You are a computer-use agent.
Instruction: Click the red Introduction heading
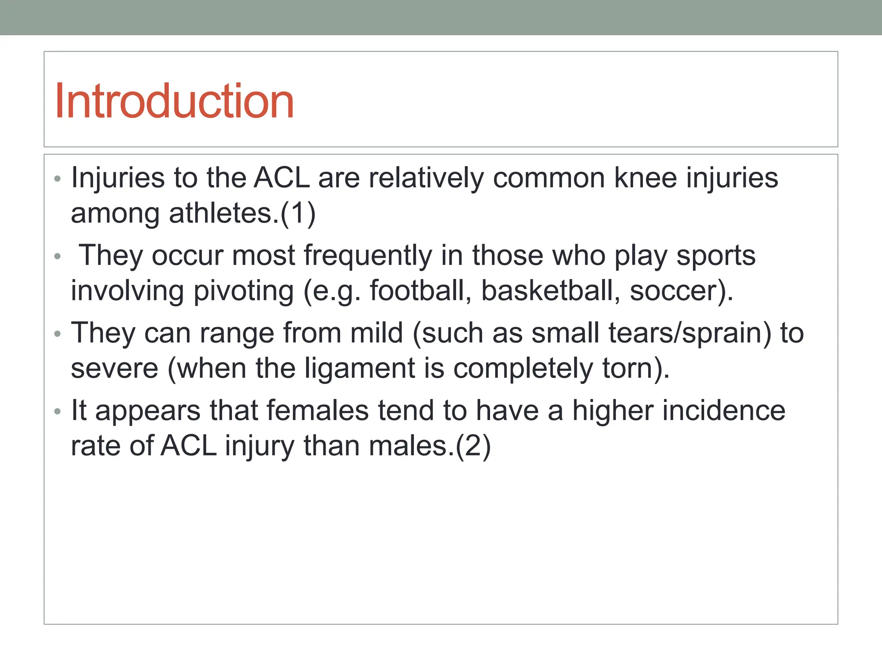[174, 101]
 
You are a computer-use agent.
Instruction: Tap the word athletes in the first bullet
[224, 213]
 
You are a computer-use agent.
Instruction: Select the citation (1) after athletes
[298, 213]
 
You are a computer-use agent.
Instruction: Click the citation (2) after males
[473, 446]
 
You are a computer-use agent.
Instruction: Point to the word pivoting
[243, 291]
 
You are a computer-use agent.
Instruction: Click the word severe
[115, 369]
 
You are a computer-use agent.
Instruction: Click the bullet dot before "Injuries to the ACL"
[58, 179]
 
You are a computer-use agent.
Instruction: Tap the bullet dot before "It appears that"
[58, 411]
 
